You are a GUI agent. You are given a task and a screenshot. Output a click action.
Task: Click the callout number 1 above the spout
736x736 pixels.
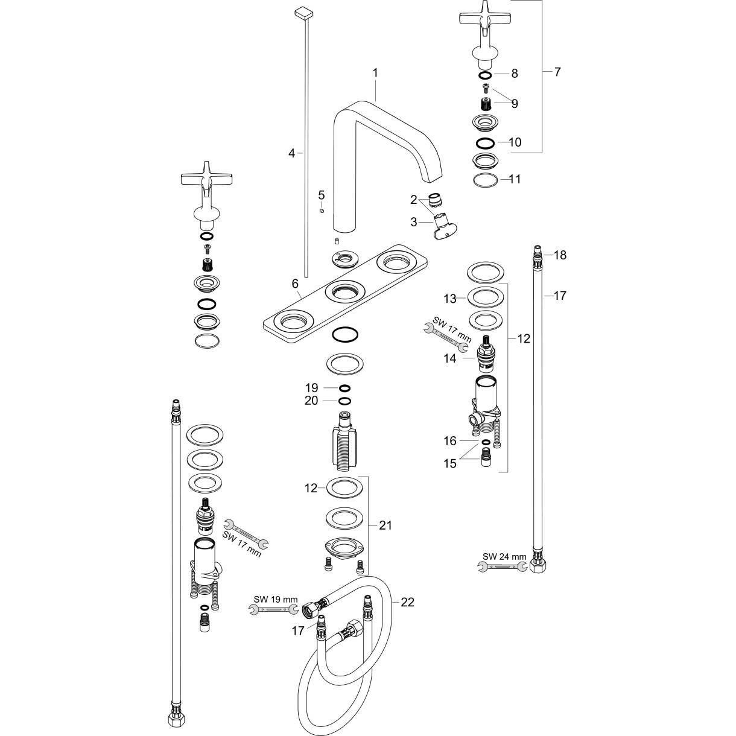(x=375, y=72)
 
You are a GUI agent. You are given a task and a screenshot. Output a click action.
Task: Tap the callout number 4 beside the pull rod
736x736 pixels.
(x=291, y=153)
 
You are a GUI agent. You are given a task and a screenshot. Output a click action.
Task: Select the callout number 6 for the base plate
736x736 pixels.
(x=294, y=284)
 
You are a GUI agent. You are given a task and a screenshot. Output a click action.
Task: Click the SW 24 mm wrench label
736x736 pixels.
(x=504, y=556)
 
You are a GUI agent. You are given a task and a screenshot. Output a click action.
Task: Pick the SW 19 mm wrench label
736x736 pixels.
(x=275, y=599)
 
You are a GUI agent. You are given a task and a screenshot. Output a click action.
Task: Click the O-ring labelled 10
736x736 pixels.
(x=486, y=143)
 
